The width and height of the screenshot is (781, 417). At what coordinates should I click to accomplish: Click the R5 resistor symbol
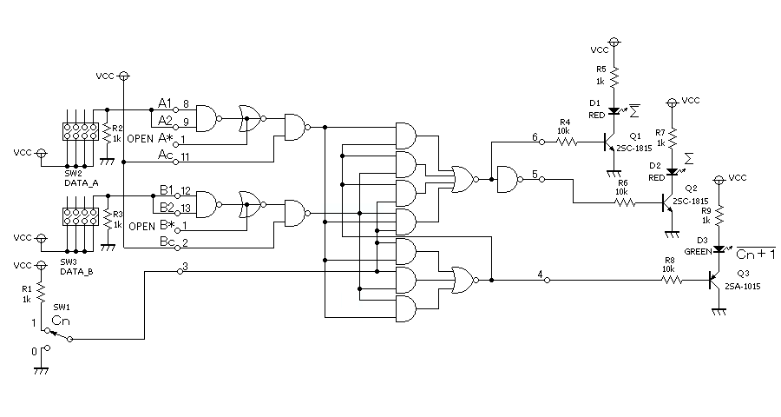(x=614, y=76)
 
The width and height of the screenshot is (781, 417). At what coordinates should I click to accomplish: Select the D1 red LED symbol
(x=614, y=110)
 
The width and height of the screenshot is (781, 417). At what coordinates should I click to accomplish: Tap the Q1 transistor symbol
(x=610, y=142)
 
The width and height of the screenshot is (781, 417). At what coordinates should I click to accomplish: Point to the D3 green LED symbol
(x=719, y=248)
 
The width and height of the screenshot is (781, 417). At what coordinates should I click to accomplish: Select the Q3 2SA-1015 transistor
(x=715, y=281)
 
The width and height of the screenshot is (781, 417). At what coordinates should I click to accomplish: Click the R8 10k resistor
(x=672, y=281)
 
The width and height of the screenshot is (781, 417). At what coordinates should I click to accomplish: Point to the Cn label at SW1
(x=61, y=321)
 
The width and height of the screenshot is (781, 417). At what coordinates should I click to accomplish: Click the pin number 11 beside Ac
(x=185, y=156)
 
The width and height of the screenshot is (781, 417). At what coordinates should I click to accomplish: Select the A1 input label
(x=165, y=103)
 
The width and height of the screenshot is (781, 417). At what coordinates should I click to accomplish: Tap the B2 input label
(x=167, y=207)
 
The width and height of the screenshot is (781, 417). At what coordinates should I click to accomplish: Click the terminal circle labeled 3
(x=180, y=271)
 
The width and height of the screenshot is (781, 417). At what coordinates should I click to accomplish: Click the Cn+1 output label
(x=756, y=254)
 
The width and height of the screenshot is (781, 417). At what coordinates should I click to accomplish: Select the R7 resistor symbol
(x=672, y=137)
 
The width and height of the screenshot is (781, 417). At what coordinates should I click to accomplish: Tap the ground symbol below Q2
(x=672, y=233)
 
